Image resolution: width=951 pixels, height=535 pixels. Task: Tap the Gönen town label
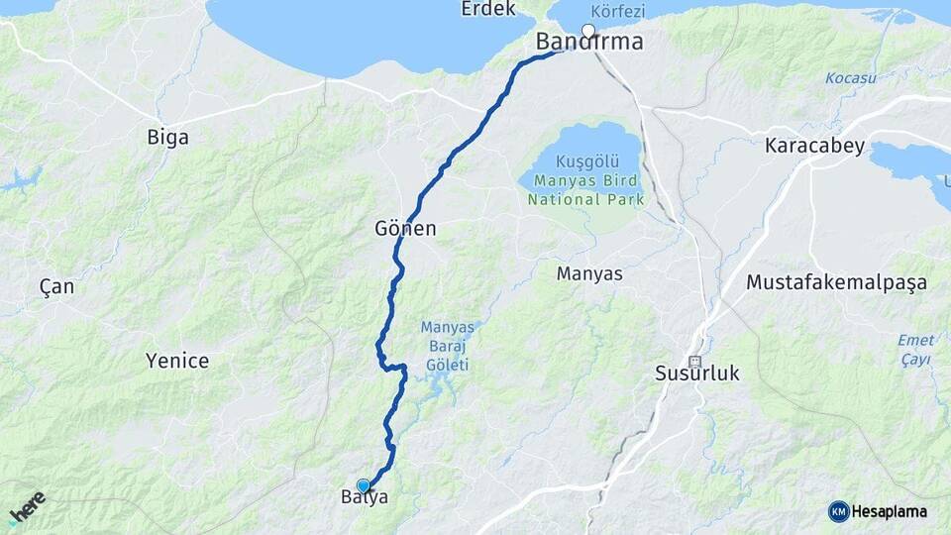[x=405, y=229]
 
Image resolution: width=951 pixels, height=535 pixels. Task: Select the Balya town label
[x=365, y=498]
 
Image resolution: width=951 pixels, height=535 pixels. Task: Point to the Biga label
[x=167, y=138]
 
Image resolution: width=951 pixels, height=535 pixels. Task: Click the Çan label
[x=56, y=286]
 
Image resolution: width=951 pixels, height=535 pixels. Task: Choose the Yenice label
[x=177, y=361]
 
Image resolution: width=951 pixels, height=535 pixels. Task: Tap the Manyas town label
[x=589, y=273]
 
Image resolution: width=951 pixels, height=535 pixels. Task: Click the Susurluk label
[x=697, y=374]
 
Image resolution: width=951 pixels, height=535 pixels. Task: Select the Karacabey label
[x=814, y=146]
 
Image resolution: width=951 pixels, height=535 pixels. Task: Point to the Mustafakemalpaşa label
[x=836, y=282]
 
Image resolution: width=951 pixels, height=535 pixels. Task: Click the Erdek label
[x=488, y=9]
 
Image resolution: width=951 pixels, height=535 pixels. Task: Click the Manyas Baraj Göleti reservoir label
[x=449, y=346]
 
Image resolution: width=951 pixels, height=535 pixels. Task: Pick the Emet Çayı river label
[x=915, y=350]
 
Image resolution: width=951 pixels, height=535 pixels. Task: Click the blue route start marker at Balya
[x=364, y=485]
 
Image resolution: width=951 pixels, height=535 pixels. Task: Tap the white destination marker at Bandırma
[x=588, y=31]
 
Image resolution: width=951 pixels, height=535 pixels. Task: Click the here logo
[x=27, y=507]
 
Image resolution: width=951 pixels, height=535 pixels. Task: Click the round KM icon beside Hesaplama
[x=839, y=511]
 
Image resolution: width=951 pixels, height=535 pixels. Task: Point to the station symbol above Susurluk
[x=694, y=362]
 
